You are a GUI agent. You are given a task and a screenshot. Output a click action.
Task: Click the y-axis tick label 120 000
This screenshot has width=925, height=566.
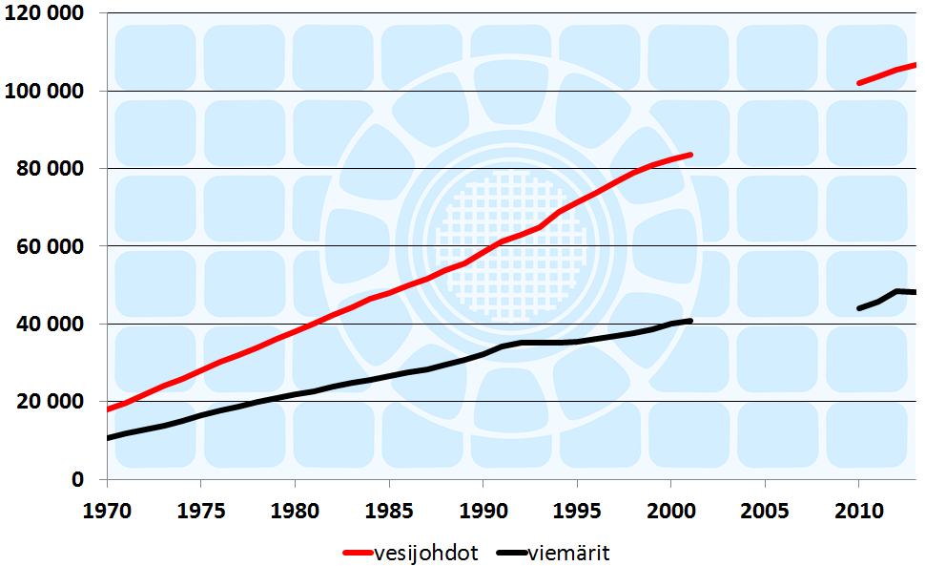43,14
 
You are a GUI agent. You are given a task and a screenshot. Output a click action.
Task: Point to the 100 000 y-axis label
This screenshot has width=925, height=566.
43,92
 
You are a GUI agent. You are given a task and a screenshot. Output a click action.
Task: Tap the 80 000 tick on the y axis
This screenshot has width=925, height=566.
50,169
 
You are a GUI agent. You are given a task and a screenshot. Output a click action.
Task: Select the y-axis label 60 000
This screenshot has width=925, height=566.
50,247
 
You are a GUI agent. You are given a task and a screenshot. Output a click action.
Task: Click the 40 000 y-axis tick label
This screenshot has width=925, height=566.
50,325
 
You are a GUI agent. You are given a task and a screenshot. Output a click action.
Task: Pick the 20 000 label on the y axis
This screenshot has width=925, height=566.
50,402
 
